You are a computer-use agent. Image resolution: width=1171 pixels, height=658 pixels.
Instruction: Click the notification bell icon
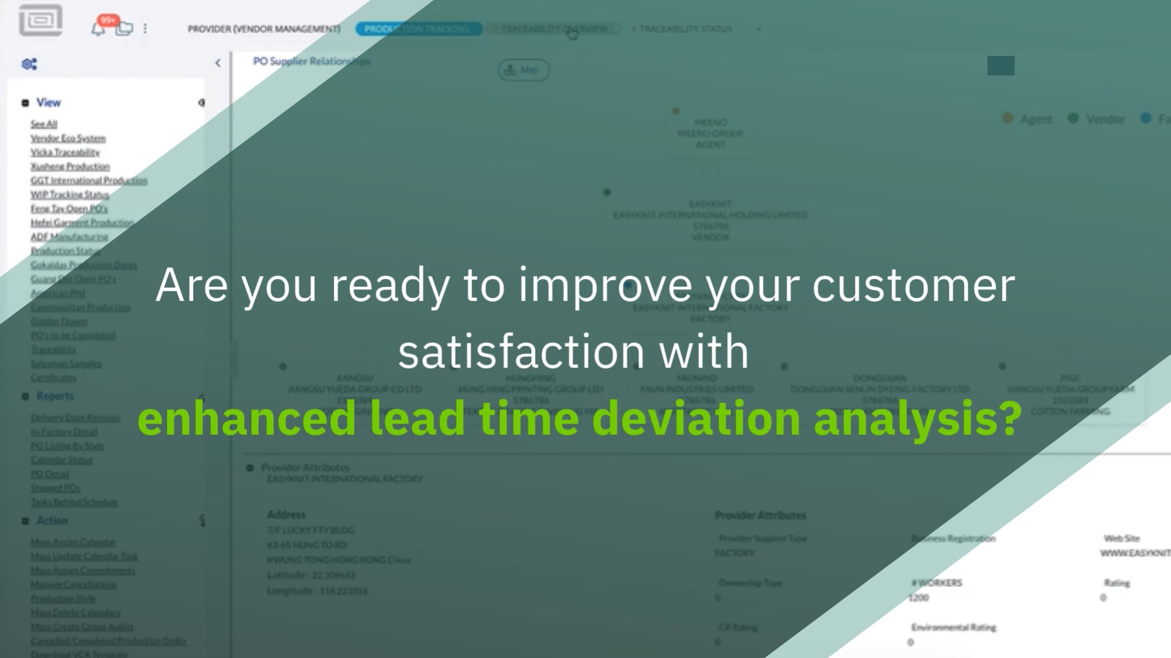(x=98, y=29)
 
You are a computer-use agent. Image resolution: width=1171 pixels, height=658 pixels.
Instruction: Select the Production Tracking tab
(x=417, y=29)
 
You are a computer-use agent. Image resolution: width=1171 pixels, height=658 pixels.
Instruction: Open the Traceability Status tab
(x=685, y=29)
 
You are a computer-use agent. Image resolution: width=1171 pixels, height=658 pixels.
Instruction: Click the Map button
(x=523, y=70)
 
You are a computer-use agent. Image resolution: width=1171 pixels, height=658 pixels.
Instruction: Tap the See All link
(x=44, y=124)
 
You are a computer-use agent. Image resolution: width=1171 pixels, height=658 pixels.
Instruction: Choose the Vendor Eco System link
(x=68, y=138)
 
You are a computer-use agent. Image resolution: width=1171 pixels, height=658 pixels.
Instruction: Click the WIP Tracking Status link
(x=70, y=194)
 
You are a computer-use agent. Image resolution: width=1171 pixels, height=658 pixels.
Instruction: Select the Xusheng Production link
(x=70, y=166)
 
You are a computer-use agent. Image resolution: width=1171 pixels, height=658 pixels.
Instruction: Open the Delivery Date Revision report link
(x=76, y=418)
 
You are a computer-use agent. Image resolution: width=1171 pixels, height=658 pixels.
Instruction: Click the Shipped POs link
(x=56, y=488)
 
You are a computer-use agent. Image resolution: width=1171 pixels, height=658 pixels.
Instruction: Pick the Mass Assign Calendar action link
(x=73, y=542)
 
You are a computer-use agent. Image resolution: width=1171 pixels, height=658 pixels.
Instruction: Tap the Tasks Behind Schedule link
(x=74, y=502)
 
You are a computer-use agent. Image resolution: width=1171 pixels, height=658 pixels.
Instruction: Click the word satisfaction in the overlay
(x=521, y=352)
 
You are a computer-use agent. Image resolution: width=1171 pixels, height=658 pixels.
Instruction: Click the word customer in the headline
(x=913, y=285)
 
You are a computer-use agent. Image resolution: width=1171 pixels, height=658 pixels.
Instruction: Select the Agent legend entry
(x=1036, y=119)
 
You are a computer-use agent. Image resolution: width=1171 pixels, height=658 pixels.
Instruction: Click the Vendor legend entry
(x=1105, y=119)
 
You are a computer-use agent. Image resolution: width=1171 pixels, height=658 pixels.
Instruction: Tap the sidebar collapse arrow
(x=218, y=63)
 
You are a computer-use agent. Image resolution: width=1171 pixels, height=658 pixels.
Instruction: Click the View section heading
(x=48, y=102)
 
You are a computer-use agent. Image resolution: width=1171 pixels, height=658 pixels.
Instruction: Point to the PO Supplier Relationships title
(x=312, y=61)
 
